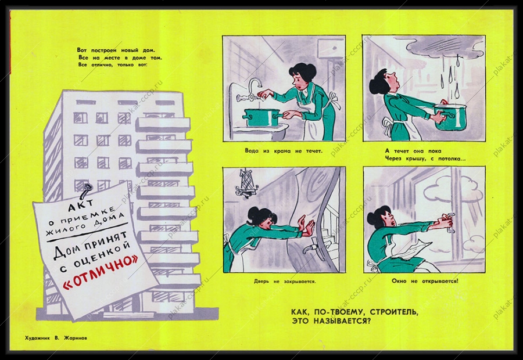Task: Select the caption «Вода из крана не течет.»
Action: click(284, 150)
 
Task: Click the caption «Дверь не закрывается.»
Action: click(285, 282)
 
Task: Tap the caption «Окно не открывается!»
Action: click(425, 281)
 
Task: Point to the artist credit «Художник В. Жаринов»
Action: click(56, 338)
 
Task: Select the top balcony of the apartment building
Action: click(164, 124)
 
